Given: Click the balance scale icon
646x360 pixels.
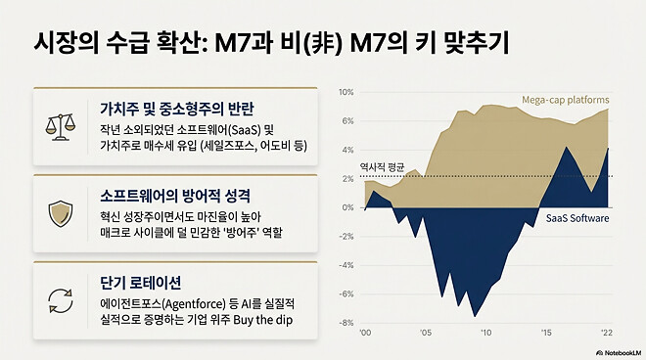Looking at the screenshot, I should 59,125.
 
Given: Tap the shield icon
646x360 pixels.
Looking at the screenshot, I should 59,212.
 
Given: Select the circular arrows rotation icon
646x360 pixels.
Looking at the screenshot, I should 59,298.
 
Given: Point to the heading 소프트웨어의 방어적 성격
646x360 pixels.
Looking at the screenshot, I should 177,194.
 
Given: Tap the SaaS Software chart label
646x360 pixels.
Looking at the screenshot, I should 577,219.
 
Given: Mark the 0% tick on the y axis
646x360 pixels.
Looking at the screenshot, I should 346,207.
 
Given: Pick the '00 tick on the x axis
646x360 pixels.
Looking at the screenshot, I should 364,334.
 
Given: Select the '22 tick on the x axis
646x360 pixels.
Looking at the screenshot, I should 609,334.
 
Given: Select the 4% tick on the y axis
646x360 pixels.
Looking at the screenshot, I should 346,150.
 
